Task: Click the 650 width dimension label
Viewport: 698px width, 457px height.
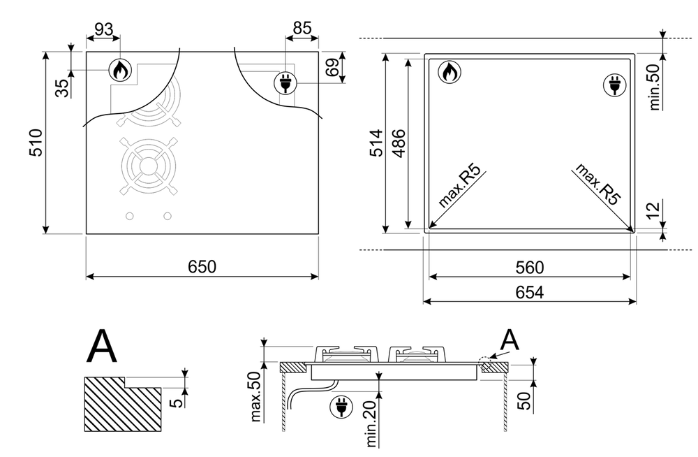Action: [202, 267]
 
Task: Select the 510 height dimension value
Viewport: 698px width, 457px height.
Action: [36, 143]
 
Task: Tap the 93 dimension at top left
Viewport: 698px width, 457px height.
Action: [104, 29]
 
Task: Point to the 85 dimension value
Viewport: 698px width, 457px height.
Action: [302, 28]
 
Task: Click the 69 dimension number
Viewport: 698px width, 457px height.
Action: [332, 67]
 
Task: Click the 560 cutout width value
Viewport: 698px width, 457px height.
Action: [530, 268]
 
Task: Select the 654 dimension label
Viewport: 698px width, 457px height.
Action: [530, 293]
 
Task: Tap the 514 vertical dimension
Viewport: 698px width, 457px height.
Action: [376, 143]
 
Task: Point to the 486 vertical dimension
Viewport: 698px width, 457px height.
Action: [399, 143]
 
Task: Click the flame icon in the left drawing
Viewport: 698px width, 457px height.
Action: [121, 70]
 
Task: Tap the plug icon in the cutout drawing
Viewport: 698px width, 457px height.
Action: [615, 85]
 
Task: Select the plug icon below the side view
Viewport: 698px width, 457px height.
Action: [341, 407]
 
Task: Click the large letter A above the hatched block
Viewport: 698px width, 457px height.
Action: [102, 347]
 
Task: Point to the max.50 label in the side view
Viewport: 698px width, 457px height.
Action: [255, 396]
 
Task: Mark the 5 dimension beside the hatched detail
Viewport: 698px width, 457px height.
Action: [177, 402]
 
